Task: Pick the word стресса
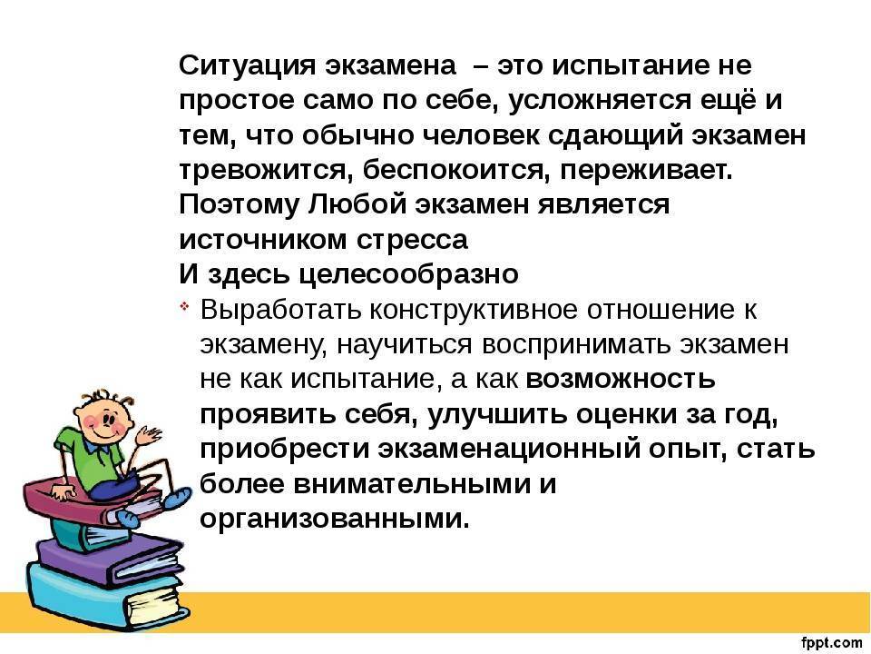[412, 241]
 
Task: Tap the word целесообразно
[409, 274]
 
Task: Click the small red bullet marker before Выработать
[184, 306]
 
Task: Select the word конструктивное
[474, 310]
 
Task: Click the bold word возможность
[620, 380]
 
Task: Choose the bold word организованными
[335, 519]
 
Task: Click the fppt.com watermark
[832, 643]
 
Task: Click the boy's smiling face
[104, 420]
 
